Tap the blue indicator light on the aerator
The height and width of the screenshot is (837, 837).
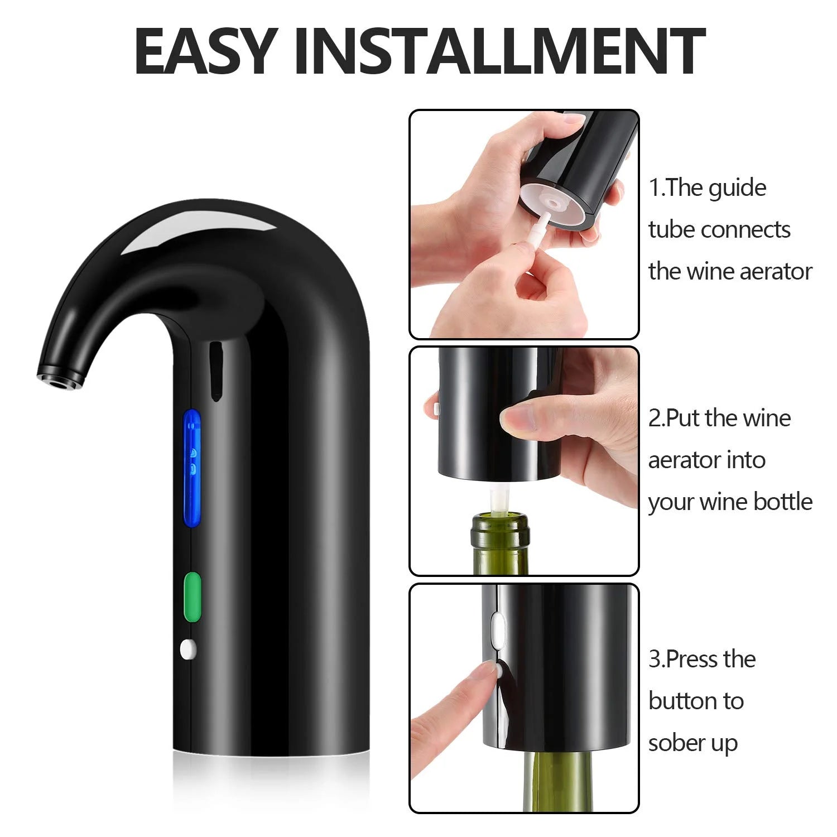tap(193, 469)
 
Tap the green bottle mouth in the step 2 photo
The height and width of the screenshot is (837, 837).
tap(501, 527)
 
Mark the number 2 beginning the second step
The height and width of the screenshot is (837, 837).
tap(655, 419)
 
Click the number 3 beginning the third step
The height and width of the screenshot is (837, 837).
tap(655, 660)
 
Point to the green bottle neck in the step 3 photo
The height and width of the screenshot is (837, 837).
tap(530, 781)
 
